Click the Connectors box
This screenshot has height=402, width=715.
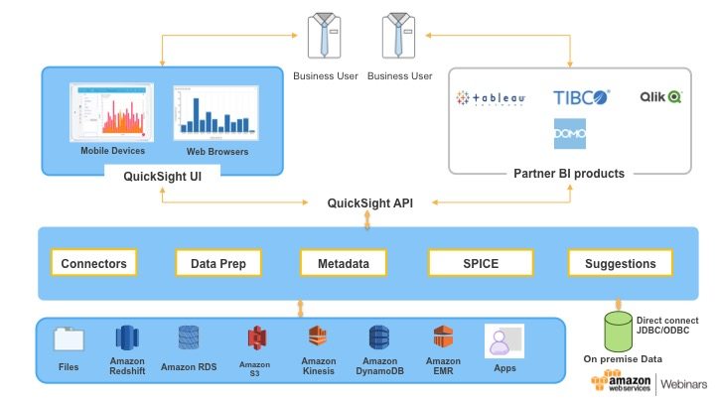(93, 263)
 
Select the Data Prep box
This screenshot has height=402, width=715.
(217, 263)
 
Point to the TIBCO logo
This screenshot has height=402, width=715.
(581, 97)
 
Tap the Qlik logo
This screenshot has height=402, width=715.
(659, 97)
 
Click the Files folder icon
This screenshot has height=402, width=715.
(69, 339)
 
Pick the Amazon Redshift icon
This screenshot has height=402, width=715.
(127, 337)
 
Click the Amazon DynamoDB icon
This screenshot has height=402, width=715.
(379, 337)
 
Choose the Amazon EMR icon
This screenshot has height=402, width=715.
(443, 337)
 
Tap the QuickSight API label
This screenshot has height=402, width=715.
(370, 202)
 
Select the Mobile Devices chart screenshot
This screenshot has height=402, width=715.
(112, 111)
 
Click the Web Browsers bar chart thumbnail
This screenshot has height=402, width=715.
(210, 112)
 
